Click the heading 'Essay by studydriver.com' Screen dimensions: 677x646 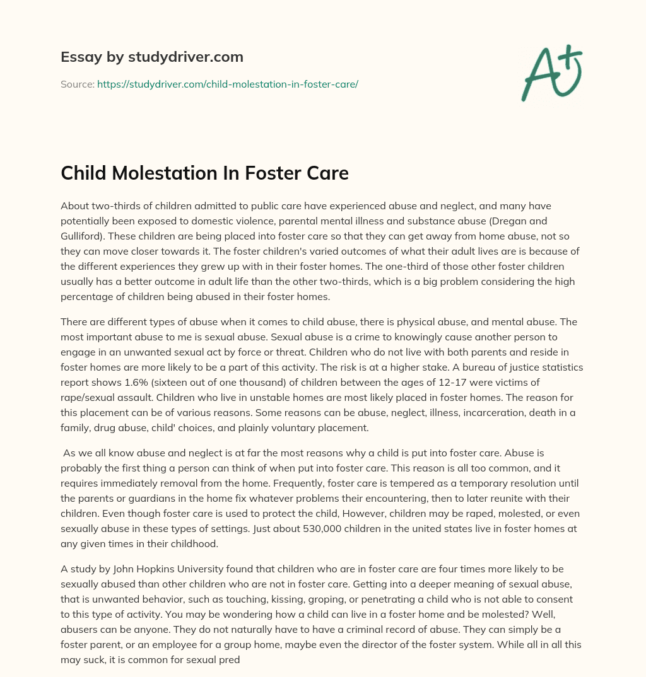[151, 57]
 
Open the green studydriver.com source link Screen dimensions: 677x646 [227, 84]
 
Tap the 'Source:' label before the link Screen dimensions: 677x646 [77, 84]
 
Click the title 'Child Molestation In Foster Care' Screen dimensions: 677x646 [204, 173]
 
